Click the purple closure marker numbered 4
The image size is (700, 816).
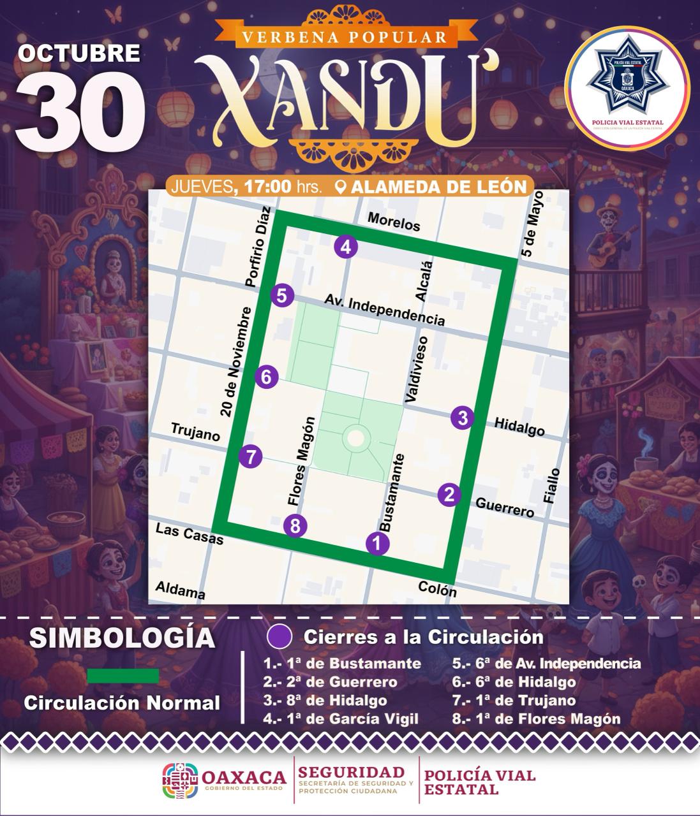pos(345,247)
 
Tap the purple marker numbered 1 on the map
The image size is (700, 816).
pos(377,543)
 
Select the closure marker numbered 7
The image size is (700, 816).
pos(250,456)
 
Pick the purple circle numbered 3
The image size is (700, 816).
pos(463,418)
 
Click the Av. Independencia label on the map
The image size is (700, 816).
pos(384,309)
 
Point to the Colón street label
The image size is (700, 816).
pos(437,589)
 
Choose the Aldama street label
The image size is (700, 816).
pos(181,590)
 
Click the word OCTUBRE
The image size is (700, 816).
pos(79,52)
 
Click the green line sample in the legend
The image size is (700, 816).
pos(123,676)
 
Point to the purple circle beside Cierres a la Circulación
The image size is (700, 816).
pos(280,637)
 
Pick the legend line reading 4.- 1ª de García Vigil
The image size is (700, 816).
pos(341,718)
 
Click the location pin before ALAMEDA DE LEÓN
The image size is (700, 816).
pos(340,187)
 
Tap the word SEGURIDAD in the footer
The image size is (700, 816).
pos(352,772)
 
